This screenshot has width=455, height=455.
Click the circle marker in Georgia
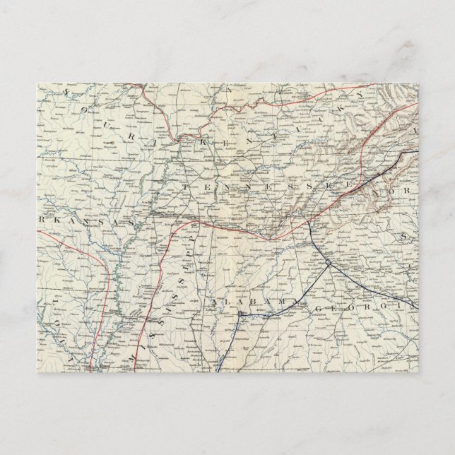[x=328, y=263]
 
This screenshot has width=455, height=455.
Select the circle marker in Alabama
[x=240, y=314]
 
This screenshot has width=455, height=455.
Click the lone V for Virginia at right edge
[x=415, y=132]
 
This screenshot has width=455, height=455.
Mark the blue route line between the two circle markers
[x=286, y=288]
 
